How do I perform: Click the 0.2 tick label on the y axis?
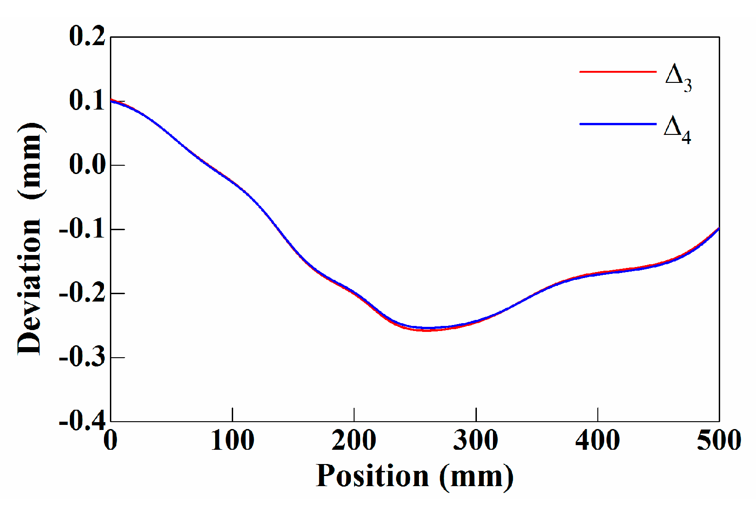87,36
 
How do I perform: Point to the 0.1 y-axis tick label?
87,100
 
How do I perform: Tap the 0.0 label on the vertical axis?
87,165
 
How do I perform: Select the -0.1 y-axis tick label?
82,229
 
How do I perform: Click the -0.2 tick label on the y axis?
82,293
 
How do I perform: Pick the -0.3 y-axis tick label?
82,357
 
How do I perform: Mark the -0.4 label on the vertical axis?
82,420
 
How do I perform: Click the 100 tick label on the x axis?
232,441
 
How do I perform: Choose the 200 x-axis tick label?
354,441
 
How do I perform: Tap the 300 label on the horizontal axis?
475,441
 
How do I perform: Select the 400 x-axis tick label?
597,441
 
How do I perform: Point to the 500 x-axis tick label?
719,441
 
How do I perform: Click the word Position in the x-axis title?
372,476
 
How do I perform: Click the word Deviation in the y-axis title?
30,286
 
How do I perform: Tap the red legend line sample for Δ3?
618,72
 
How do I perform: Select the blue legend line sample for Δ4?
618,124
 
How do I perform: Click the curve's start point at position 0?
111,99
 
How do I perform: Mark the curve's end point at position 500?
719,229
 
